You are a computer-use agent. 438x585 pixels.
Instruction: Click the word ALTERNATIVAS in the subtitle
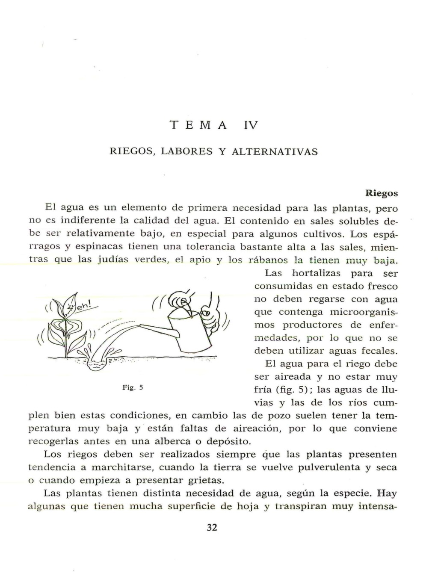click(275, 152)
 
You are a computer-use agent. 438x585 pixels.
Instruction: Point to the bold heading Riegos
click(382, 193)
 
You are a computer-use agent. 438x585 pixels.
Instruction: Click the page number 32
click(212, 527)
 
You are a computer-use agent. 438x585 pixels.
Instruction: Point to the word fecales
click(379, 351)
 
